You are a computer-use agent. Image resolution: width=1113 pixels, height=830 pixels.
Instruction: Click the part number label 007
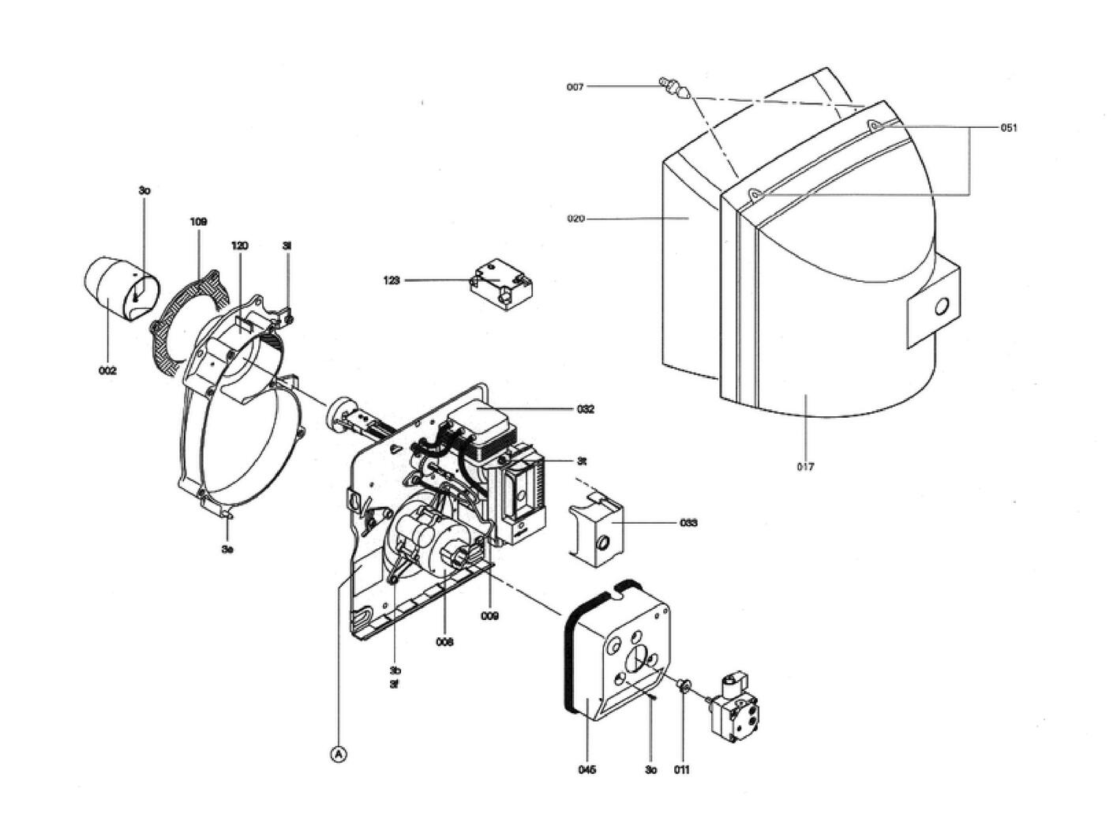[x=575, y=87]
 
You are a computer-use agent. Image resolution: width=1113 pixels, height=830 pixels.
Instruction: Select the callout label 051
[x=1009, y=127]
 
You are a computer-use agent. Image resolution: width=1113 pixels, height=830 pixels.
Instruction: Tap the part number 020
[x=575, y=219]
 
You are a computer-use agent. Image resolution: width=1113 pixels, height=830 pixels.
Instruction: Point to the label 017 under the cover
[x=805, y=467]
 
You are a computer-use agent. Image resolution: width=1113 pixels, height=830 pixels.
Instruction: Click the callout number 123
[x=392, y=280]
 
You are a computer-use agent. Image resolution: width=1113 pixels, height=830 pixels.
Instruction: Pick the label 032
[x=586, y=409]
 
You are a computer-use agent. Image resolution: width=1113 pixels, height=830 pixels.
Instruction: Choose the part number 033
[x=688, y=523]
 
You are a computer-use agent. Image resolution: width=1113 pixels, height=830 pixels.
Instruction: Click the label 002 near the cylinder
[x=107, y=370]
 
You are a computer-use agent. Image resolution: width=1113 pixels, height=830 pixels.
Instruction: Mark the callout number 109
[x=198, y=222]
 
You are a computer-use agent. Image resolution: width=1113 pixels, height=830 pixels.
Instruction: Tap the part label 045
[x=586, y=769]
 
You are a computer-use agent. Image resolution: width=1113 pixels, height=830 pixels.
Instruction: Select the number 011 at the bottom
[x=681, y=769]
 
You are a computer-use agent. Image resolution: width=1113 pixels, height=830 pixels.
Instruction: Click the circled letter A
[x=338, y=755]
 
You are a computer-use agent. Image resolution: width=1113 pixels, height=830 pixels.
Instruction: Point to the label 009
[x=489, y=616]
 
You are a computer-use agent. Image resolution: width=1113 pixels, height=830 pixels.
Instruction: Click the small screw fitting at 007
[x=672, y=85]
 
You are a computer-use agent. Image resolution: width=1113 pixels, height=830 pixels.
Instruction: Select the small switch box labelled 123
[x=501, y=284]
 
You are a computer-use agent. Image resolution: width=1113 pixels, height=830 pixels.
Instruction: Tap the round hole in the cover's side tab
[x=940, y=306]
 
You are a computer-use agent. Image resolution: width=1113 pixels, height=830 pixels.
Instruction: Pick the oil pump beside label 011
[x=738, y=707]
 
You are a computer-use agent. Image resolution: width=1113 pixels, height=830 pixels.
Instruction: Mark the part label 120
[x=239, y=246]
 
